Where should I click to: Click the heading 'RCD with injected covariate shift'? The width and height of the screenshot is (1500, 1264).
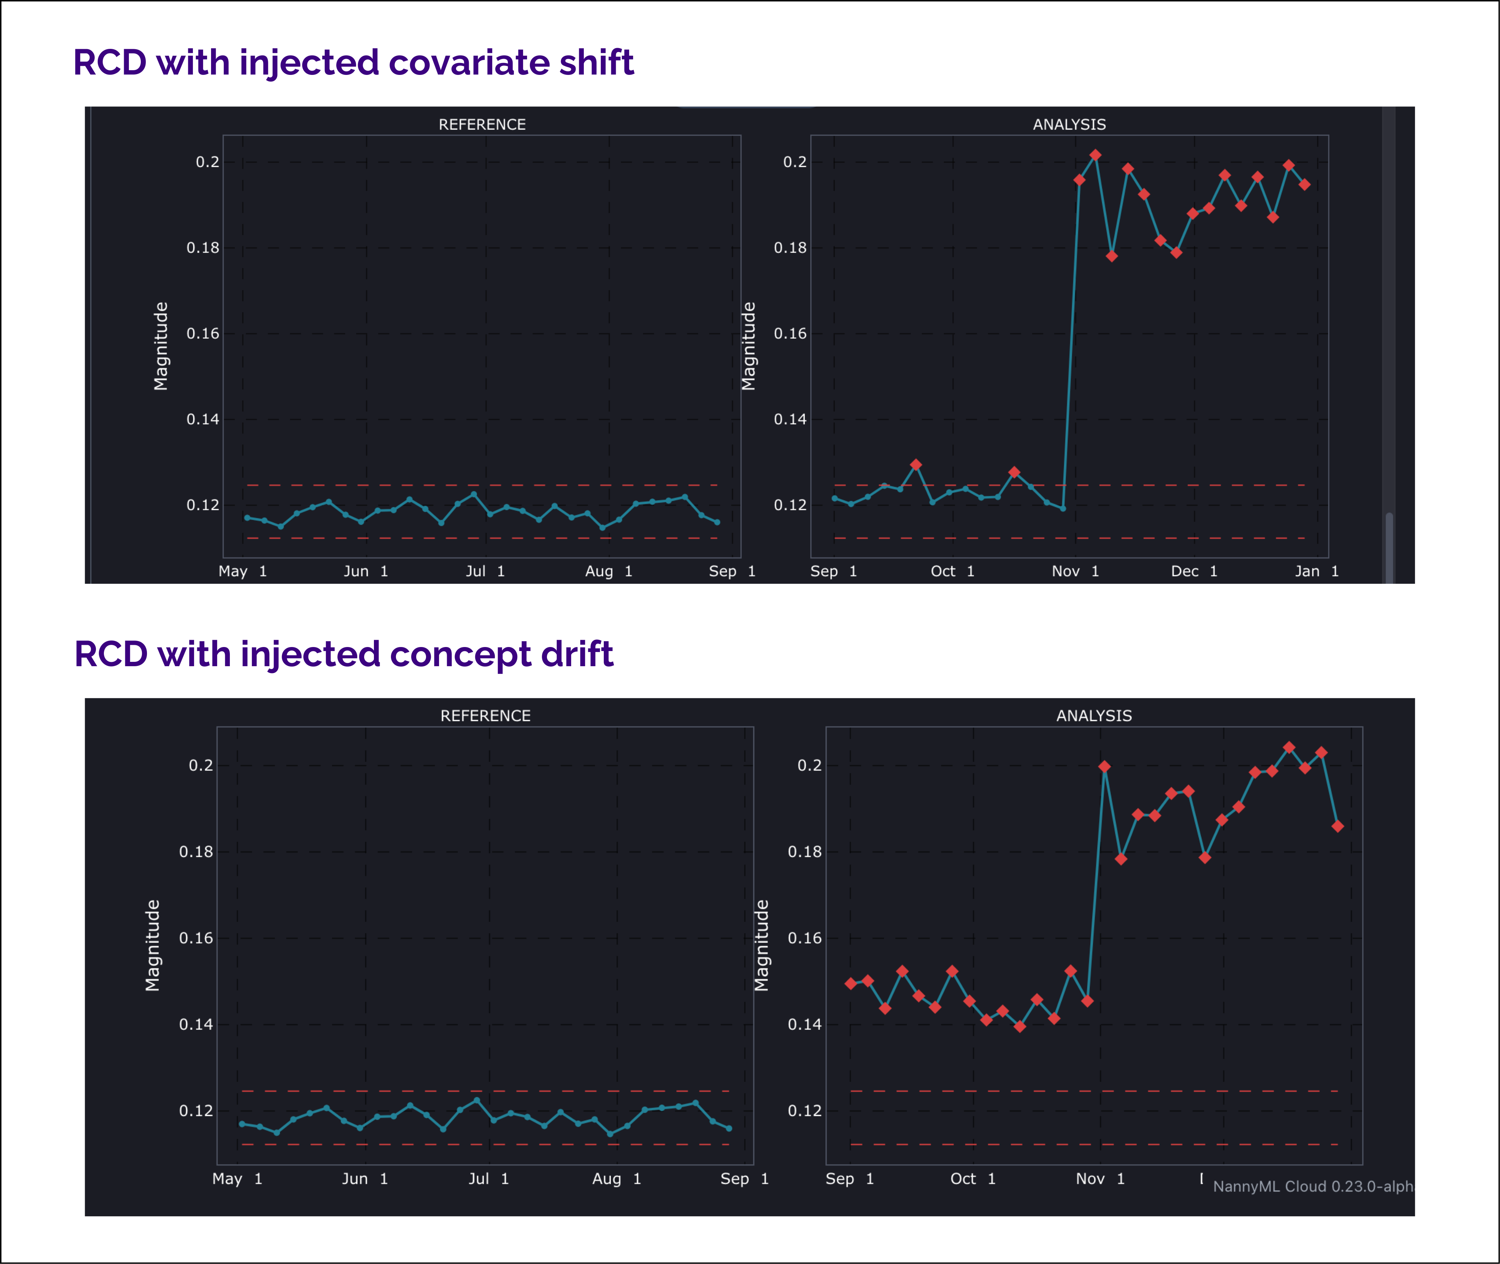pos(353,63)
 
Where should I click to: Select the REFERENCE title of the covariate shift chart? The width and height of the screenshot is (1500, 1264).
pos(482,125)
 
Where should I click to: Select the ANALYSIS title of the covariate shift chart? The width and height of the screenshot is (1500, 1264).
pos(1069,125)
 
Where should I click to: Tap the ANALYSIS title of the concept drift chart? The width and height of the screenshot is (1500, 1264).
pos(1094,716)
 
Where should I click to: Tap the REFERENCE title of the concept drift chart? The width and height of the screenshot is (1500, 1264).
pos(485,716)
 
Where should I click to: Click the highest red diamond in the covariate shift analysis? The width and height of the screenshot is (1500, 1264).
pos(1095,155)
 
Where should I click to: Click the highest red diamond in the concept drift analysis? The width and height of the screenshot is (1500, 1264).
pos(1289,747)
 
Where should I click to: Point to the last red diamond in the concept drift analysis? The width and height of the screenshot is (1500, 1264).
pos(1337,826)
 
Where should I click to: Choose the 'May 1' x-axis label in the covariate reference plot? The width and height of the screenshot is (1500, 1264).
pos(242,571)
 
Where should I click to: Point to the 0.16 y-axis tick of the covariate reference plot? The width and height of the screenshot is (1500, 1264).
pos(203,334)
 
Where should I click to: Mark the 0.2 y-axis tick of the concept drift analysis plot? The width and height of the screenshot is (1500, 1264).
pos(810,765)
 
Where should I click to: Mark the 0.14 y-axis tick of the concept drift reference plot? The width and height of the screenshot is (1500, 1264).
pos(196,1025)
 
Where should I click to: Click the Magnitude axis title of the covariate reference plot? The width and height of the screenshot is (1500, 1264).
pos(161,346)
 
